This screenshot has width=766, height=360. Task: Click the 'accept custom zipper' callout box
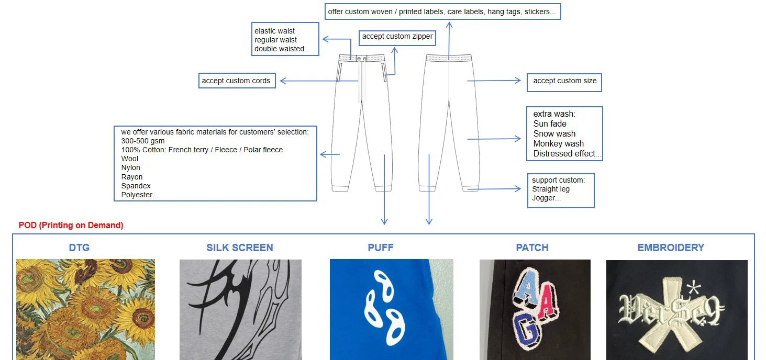[397, 38]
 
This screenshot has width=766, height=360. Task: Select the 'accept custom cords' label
[237, 81]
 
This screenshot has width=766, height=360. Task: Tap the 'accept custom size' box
[564, 82]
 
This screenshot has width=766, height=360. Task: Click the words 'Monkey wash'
[558, 143]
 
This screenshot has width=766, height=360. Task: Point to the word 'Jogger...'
[546, 198]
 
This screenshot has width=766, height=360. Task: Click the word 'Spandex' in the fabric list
[136, 186]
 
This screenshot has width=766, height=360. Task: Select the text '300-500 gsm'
[142, 141]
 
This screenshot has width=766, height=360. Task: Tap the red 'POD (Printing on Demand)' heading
[71, 226]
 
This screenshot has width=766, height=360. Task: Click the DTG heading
[79, 248]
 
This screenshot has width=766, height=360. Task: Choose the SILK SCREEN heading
[240, 248]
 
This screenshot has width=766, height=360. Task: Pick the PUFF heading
[380, 248]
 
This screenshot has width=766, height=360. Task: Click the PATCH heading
[532, 248]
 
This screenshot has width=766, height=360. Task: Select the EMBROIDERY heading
[671, 248]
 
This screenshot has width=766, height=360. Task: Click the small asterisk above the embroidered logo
[694, 288]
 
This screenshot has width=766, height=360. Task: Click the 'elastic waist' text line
[274, 31]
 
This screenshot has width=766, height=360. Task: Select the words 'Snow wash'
[554, 133]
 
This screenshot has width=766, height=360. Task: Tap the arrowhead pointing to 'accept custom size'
[518, 81]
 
